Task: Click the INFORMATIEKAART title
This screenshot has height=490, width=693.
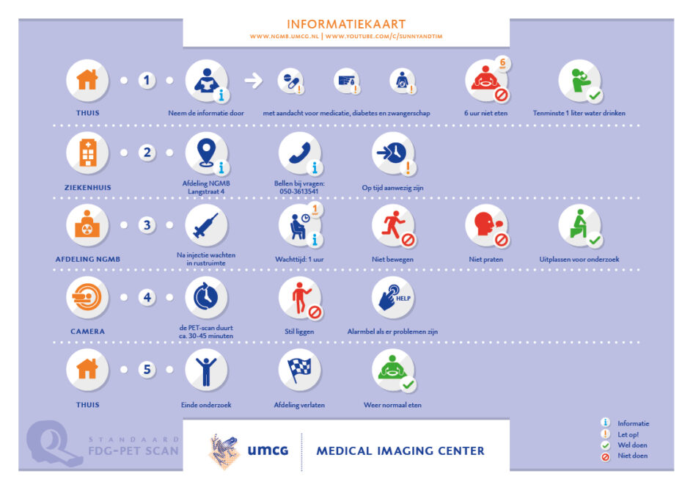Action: tap(346, 24)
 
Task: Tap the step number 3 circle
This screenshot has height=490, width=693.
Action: tap(147, 225)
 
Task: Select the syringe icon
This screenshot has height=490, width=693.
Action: tap(206, 225)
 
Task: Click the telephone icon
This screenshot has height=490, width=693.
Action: tap(300, 153)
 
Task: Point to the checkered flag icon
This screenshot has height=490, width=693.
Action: tap(300, 370)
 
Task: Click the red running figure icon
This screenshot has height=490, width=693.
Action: tap(393, 225)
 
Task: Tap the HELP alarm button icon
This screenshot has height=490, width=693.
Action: tap(393, 297)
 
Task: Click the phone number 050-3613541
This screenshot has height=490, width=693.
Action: tap(299, 191)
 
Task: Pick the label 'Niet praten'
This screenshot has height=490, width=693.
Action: tap(485, 260)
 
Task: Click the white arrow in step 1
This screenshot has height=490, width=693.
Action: tap(254, 81)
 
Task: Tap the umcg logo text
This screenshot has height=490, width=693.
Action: tap(268, 450)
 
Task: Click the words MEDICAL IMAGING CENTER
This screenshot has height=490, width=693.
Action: tap(400, 450)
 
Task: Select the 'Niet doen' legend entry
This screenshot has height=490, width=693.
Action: tap(632, 456)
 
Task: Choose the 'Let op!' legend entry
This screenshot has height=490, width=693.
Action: tap(628, 435)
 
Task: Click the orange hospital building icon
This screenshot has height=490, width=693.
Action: tap(87, 153)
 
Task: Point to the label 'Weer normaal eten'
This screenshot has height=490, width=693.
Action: tap(392, 405)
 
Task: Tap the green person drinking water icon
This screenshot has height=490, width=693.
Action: tap(579, 81)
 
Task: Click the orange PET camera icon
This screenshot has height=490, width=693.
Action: tap(87, 297)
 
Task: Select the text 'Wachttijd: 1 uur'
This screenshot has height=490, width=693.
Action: tap(299, 260)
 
